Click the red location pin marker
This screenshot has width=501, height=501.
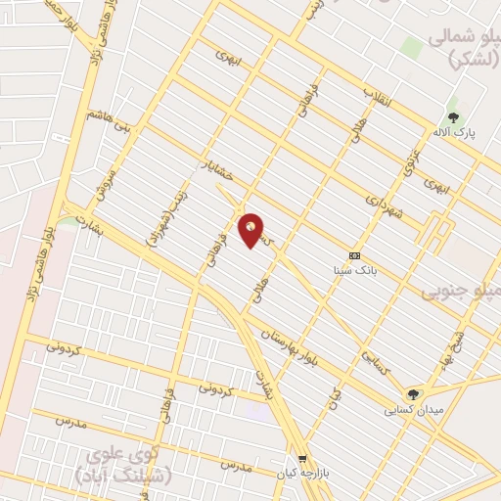click(x=251, y=230)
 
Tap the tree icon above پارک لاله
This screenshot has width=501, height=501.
click(x=452, y=118)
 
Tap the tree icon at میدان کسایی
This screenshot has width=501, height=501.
click(x=414, y=394)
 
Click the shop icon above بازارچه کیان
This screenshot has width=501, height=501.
click(x=303, y=457)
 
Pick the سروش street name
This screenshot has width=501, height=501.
click(x=109, y=177)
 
